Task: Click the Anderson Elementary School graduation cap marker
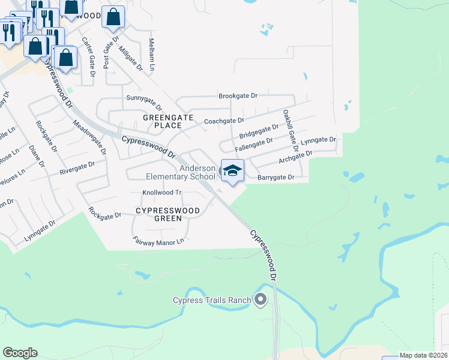click(232, 170)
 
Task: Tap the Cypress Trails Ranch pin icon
click(261, 299)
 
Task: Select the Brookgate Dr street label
click(238, 96)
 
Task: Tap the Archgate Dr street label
click(295, 158)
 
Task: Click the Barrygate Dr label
click(276, 178)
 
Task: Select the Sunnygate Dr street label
click(144, 97)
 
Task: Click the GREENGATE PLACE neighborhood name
click(162, 121)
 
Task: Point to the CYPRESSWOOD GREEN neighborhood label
click(167, 215)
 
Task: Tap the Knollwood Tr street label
click(161, 193)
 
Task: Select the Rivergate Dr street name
click(77, 168)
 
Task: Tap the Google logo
click(20, 353)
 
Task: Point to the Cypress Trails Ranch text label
click(211, 300)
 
